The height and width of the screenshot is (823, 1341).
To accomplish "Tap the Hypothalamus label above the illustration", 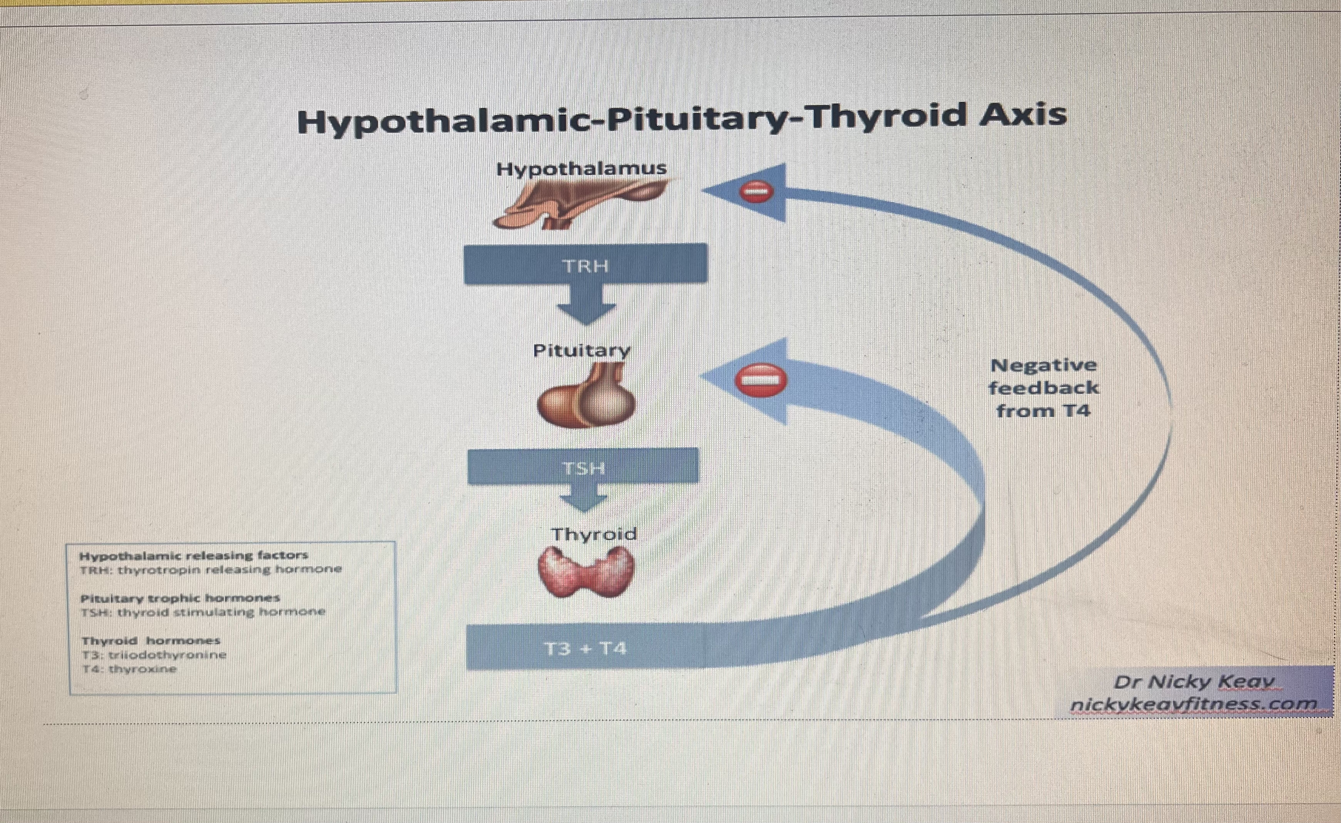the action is click(581, 169).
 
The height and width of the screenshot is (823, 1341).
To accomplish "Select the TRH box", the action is click(586, 264).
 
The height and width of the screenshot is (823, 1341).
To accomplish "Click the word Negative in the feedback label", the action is click(1043, 365).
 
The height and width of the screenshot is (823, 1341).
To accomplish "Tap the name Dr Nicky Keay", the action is click(1194, 681).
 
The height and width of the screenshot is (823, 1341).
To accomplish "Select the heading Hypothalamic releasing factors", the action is click(194, 556).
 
